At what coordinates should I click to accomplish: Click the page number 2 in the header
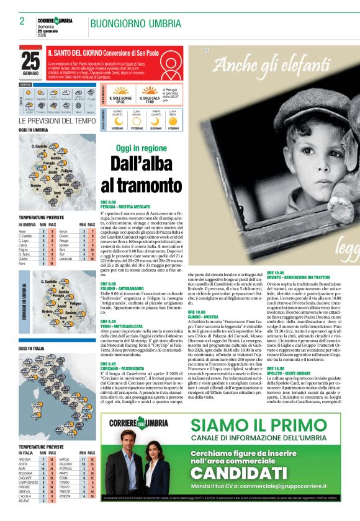point(22,21)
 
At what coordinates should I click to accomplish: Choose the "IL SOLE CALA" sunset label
point(150,98)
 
